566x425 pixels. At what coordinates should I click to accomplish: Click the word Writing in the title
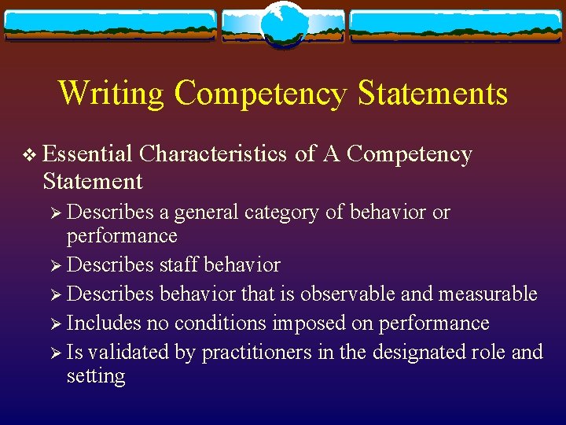(112, 93)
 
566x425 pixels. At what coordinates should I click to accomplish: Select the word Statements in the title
(432, 93)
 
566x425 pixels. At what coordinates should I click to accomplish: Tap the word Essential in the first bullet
(87, 154)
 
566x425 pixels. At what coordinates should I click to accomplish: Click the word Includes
(104, 323)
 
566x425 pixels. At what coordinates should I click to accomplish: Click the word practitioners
(257, 352)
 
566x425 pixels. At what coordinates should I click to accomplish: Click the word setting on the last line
(96, 376)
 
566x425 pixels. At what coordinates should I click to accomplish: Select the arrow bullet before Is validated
(56, 353)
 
